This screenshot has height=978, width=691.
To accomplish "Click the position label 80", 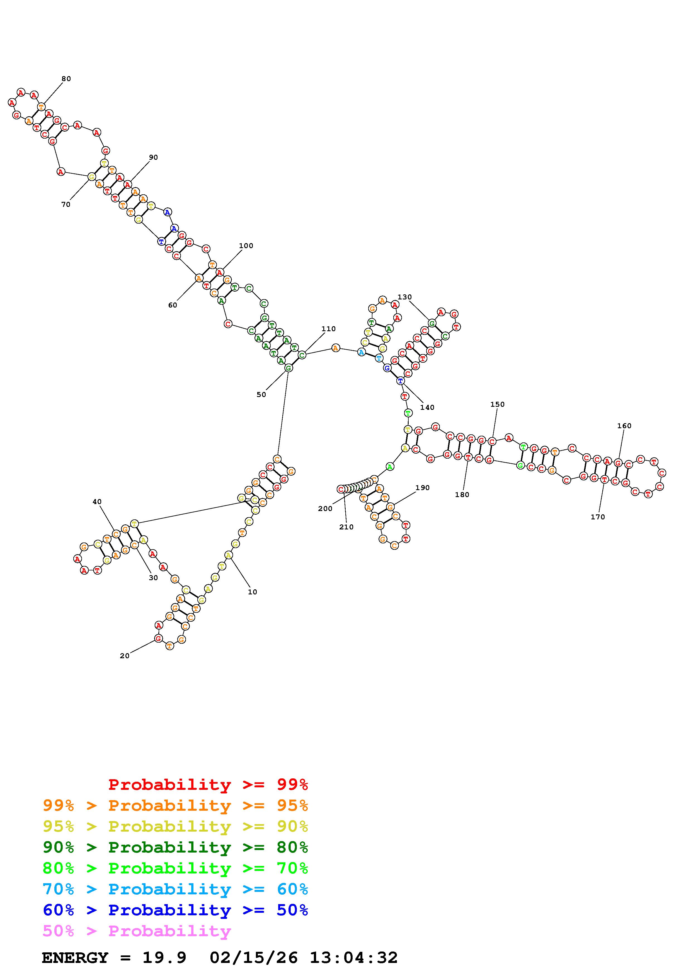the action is tap(66, 79).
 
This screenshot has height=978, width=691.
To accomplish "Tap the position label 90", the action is tap(153, 157).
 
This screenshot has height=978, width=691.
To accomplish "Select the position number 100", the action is tap(246, 246).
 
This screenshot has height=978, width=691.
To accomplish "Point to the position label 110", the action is tap(328, 329).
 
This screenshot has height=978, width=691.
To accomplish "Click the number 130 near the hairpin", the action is tap(404, 297).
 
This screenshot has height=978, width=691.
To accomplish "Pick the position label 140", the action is tap(427, 408).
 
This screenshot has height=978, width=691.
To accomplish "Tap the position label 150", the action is tap(497, 404).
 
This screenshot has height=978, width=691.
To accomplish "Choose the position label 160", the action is tap(624, 426).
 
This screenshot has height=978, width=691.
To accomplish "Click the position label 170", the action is tap(597, 517).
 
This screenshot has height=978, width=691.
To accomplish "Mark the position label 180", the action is tap(462, 495).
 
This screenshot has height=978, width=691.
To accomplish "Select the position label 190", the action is tap(422, 488).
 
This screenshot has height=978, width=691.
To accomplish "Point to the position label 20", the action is tap(124, 656).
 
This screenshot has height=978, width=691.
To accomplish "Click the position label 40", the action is tap(97, 502).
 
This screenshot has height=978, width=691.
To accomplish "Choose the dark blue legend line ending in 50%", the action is tap(175, 910).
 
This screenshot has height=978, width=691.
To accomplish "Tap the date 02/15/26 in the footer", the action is tap(254, 958).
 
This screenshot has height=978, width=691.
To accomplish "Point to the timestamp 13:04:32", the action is tap(353, 958).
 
